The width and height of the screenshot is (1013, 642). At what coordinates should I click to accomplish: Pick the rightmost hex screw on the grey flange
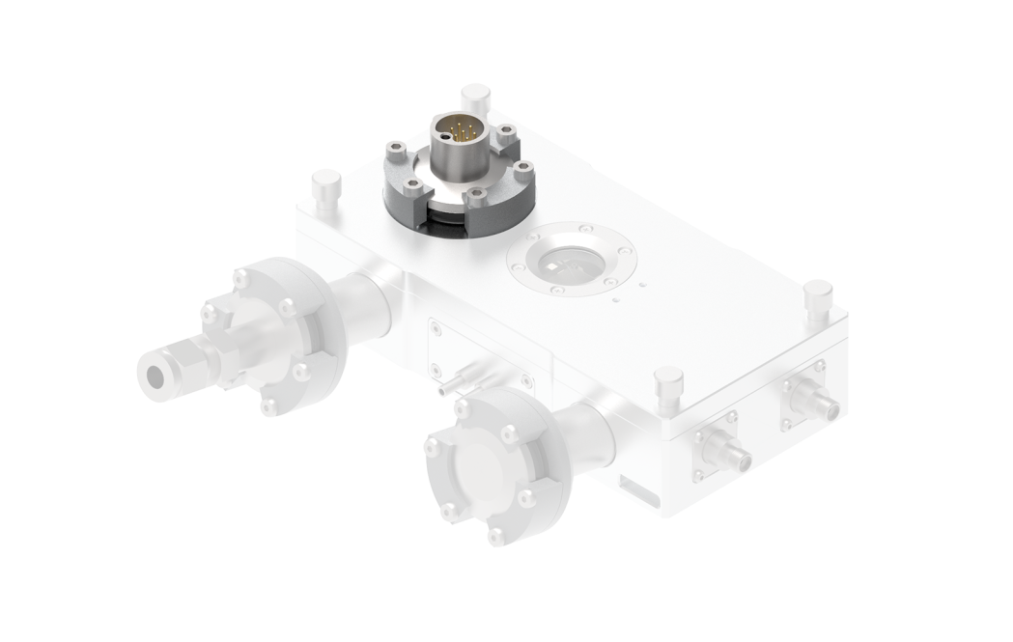pos(522,170)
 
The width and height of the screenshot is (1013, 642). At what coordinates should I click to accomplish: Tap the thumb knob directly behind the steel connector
pos(475,98)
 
